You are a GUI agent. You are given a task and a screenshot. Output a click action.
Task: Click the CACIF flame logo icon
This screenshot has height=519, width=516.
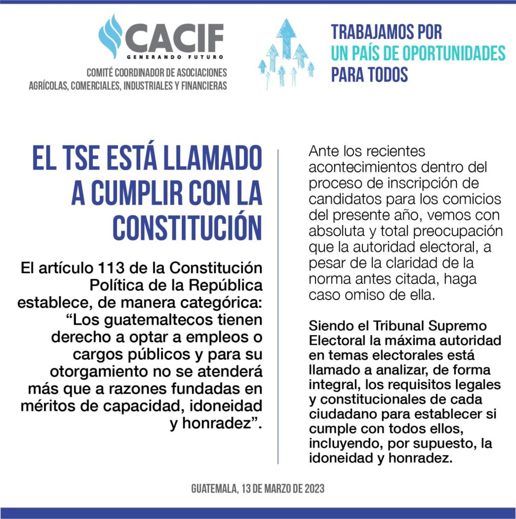tap(110, 36)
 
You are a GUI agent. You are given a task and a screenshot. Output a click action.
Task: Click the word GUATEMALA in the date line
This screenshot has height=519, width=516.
tap(213, 489)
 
